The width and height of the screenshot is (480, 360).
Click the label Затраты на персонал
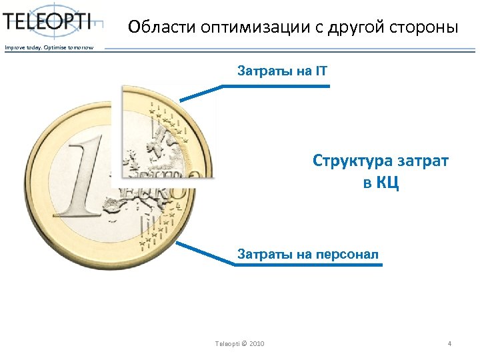[308, 254]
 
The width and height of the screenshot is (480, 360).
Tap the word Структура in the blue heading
[350, 161]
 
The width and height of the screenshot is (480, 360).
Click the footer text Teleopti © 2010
[239, 343]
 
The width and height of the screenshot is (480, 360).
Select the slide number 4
[449, 343]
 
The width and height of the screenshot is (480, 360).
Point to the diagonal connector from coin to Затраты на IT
[200, 93]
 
